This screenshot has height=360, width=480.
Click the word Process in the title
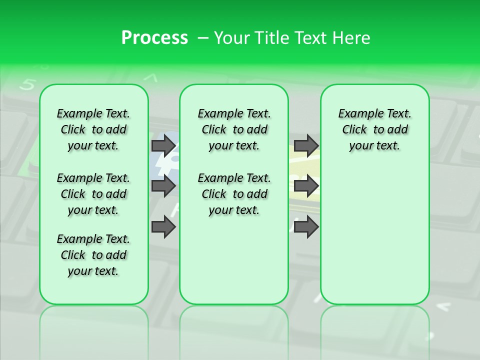tap(154, 38)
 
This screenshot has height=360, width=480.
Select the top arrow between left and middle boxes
tap(163, 145)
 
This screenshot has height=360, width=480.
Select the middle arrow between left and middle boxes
tap(163, 186)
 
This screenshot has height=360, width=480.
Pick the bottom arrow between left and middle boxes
tap(163, 227)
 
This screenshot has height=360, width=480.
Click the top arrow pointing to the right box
tap(306, 145)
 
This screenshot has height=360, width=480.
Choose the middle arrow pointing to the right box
tap(306, 186)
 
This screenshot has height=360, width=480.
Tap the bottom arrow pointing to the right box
tap(306, 227)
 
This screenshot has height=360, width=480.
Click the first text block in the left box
tap(93, 129)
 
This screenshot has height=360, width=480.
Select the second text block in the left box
tap(93, 194)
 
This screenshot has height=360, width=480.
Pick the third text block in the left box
tap(93, 255)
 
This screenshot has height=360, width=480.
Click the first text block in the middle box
tap(234, 129)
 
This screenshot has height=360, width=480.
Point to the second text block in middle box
tap(234, 194)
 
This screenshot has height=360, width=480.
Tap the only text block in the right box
tap(374, 129)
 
